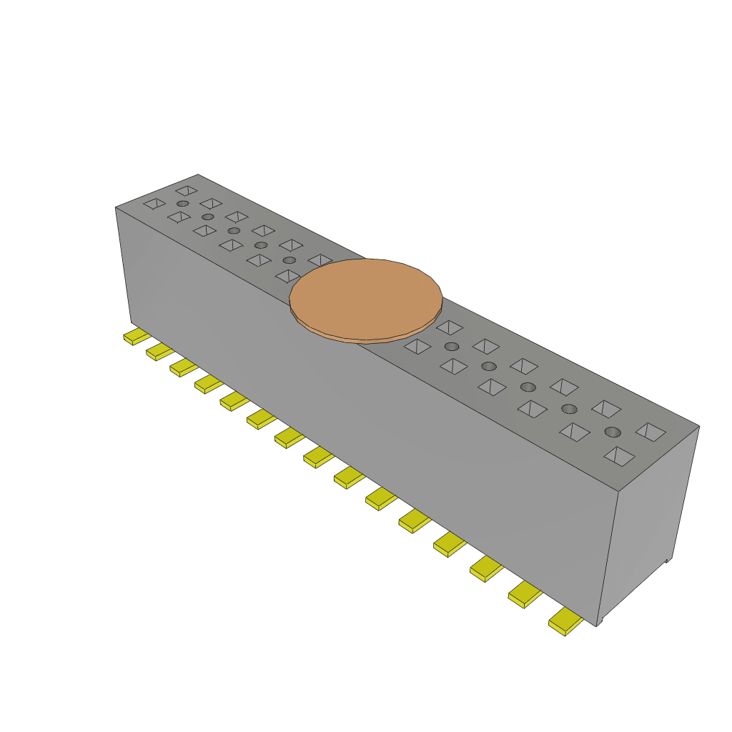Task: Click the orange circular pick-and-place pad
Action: [x=366, y=297]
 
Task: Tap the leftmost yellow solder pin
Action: [x=135, y=337]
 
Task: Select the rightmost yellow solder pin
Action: [x=565, y=623]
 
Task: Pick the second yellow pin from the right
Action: [x=525, y=594]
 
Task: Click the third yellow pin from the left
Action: [x=184, y=367]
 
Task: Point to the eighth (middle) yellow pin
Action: [x=318, y=457]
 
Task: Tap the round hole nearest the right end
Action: [x=613, y=432]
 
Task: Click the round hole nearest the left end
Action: [x=183, y=204]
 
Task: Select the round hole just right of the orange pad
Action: [x=451, y=347]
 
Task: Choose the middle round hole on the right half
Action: [x=528, y=387]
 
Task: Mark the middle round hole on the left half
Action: [x=234, y=231]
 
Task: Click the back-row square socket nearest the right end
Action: [x=651, y=432]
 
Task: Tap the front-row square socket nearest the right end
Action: [x=618, y=456]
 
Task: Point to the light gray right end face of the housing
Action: [x=647, y=522]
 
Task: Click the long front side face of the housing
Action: [x=357, y=415]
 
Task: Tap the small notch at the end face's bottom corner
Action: [x=668, y=560]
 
